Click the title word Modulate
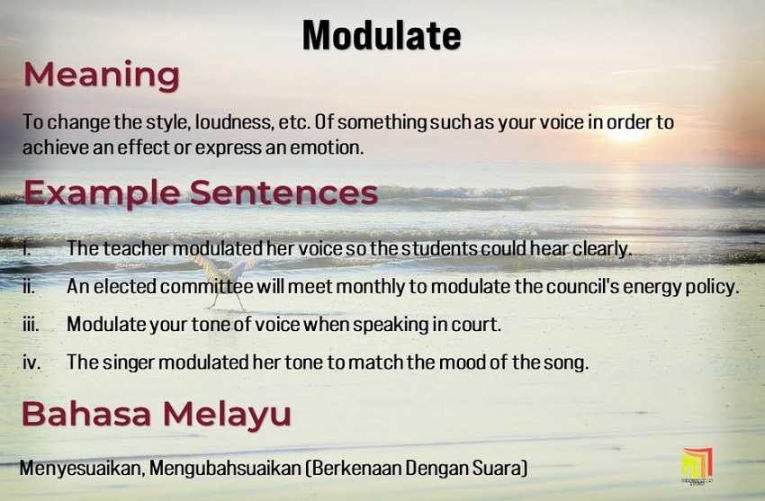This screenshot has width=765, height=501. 382,36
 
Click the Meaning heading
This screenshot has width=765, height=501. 102,76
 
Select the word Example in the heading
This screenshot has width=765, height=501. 102,194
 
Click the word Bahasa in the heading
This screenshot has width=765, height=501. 86,414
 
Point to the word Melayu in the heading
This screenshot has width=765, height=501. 227,416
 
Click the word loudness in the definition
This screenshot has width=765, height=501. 233,121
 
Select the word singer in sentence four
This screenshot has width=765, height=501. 129,362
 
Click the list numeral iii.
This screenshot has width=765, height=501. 31,324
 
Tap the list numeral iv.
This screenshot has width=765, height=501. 31,362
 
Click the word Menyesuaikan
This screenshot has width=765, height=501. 82,469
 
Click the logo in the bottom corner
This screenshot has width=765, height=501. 697,465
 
